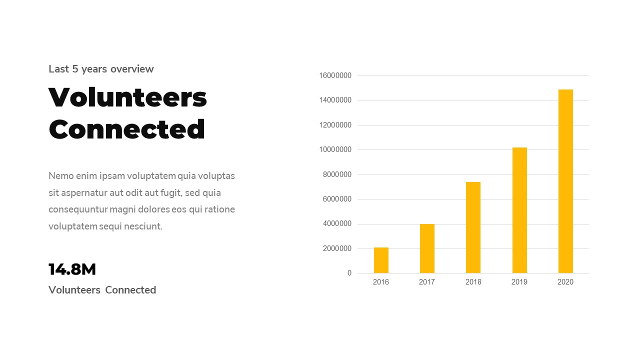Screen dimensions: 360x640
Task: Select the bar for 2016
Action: pos(381,260)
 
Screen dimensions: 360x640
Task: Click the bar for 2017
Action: pos(427,248)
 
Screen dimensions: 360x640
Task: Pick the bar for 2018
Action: pos(473,227)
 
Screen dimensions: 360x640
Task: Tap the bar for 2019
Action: pos(519,210)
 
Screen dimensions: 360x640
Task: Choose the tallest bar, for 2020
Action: pos(565,181)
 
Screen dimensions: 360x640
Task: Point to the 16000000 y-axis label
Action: pos(335,75)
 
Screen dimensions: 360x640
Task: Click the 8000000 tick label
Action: pos(337,174)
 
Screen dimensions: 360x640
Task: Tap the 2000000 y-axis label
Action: pos(337,248)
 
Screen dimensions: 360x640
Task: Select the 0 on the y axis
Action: pos(349,273)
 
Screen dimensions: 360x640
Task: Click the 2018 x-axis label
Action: pos(473,282)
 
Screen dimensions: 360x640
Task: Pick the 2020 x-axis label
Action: pos(565,282)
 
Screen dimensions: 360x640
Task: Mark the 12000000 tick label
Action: pos(335,125)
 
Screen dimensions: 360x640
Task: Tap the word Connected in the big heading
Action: pos(127,129)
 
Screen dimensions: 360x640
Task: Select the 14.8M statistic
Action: pos(72,269)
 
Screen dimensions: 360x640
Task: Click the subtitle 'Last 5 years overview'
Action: pos(101,69)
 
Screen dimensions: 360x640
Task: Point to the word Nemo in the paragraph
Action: pos(60,176)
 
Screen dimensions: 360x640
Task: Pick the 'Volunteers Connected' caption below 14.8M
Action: pos(102,290)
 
